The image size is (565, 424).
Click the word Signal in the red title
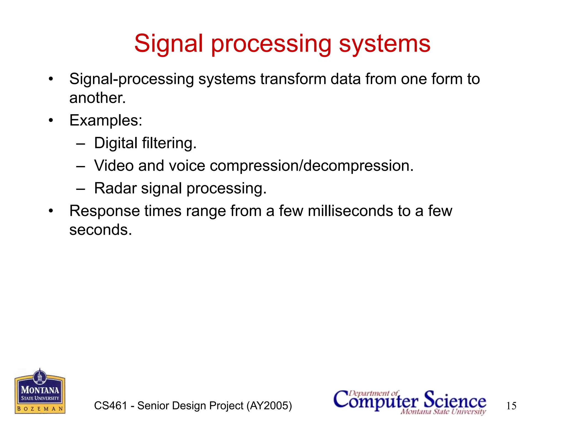point(168,44)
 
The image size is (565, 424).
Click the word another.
point(97,98)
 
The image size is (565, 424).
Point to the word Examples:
point(106,121)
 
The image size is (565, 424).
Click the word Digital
point(116,143)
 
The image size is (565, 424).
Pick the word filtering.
point(169,143)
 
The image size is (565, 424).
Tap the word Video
point(114,166)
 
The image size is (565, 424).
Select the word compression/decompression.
point(311,166)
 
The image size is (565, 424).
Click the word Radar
point(115,189)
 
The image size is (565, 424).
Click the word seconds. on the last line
point(101,230)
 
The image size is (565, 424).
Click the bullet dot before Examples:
point(51,121)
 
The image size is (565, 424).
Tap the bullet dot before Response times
point(51,211)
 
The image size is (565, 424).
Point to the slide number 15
point(511,406)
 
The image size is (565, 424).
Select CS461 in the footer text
point(111,406)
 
